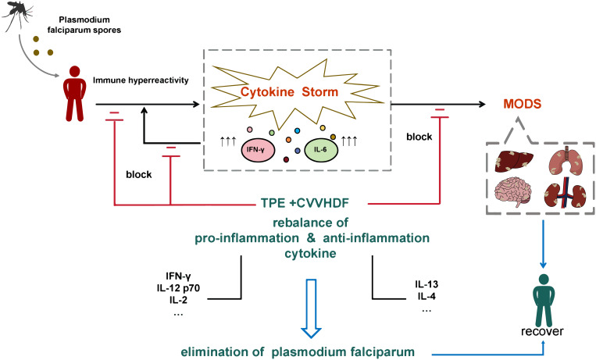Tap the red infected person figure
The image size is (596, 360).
pos(74,94)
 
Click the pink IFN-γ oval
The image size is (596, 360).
pos(255,149)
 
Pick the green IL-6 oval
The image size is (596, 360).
pos(320,149)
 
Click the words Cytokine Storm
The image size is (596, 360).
pos(289,91)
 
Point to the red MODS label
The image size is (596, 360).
pos(523,104)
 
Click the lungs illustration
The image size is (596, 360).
pos(566,160)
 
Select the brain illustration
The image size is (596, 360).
pos(513,192)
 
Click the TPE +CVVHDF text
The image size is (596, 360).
pos(305,203)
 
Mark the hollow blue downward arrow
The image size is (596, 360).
pos(312,308)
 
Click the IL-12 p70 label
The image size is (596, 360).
pos(178,288)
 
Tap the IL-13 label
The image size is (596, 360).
pos(426,284)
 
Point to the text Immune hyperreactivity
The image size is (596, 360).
pos(141,80)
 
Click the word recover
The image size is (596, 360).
pos(542,331)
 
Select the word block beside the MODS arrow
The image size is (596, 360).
pos(419,137)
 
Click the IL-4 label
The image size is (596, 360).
pos(426,296)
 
